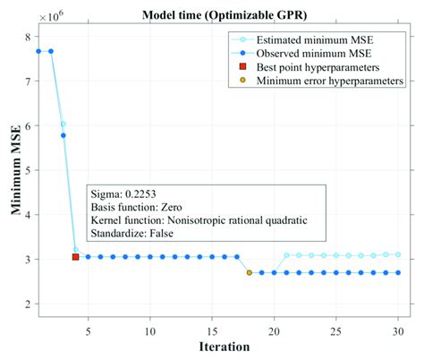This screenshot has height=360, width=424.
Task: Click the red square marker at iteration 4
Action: point(75,257)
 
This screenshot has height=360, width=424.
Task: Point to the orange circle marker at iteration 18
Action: point(249,272)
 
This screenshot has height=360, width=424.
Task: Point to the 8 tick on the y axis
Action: point(29,37)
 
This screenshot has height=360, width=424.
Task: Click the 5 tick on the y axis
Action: point(29,170)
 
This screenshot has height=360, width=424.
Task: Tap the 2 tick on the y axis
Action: point(29,304)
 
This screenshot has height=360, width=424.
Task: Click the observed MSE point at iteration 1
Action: point(38,51)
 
